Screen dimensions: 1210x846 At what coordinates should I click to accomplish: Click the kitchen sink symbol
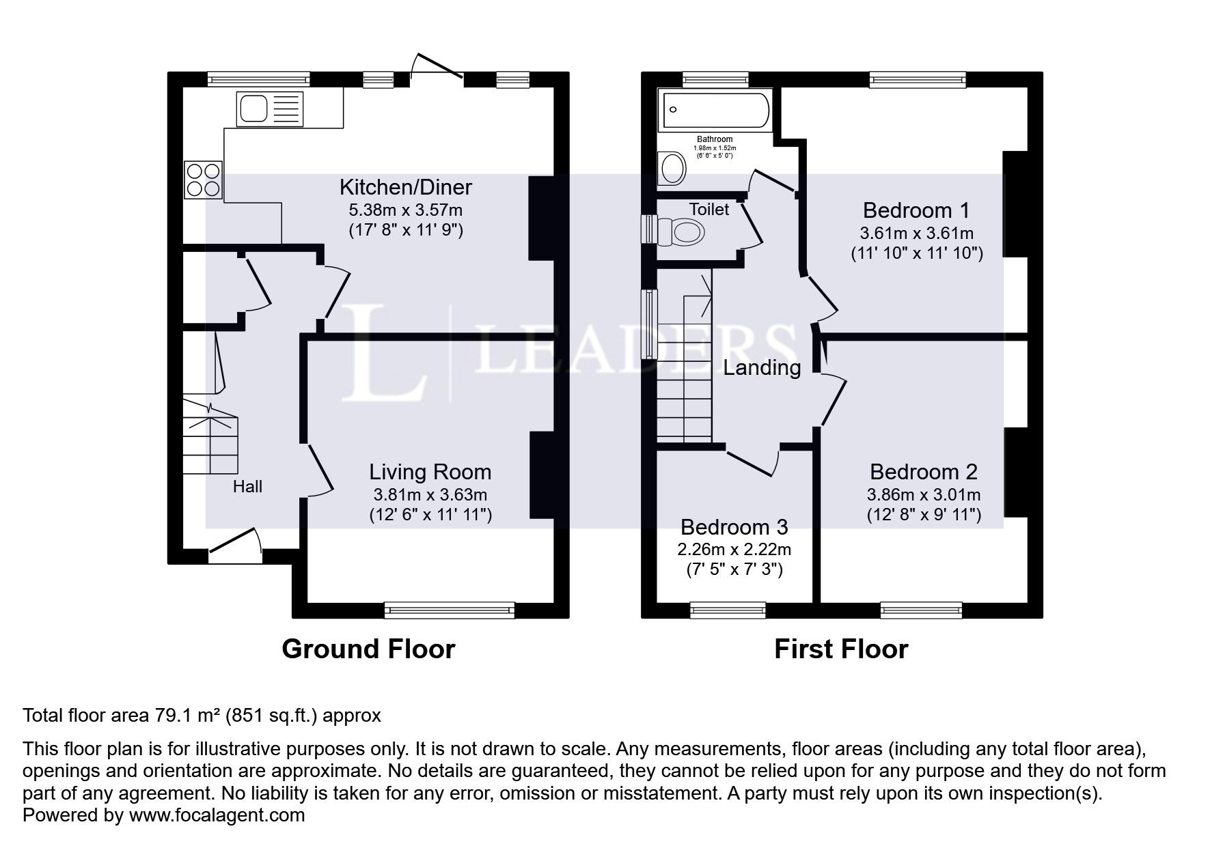coord(270,109)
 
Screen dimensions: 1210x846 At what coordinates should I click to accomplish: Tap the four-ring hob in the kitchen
coord(203,179)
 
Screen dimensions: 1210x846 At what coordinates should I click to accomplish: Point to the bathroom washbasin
coord(672,168)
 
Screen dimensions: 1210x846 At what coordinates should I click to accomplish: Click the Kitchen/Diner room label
coord(406,187)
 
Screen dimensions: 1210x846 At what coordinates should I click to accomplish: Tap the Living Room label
coord(430,472)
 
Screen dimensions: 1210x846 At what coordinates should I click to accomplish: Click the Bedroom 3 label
coord(734,527)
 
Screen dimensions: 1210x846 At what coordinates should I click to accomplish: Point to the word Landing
coord(762,368)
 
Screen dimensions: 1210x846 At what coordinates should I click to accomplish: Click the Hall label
coord(247,487)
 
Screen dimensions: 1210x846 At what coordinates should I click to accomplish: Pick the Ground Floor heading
coord(368,649)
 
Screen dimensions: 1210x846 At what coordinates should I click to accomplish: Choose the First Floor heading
coord(841,649)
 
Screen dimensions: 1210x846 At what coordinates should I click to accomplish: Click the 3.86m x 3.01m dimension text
coord(924,494)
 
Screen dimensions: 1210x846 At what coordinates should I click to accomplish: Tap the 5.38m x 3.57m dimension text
coord(406,210)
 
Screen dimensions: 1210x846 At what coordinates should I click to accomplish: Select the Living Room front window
coord(450,610)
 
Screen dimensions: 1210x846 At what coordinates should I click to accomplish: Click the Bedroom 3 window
coord(728,610)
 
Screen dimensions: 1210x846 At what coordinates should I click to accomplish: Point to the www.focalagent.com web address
coord(217,815)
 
